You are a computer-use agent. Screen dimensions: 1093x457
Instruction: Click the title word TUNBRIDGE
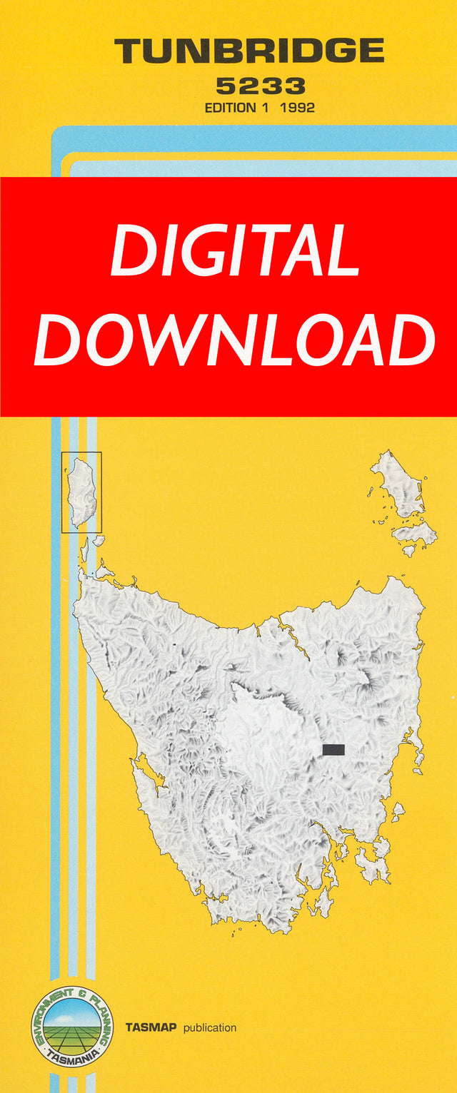pos(249,51)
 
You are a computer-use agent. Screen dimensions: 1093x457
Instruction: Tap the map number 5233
pos(261,87)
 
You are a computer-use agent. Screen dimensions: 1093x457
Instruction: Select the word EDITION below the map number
pos(230,108)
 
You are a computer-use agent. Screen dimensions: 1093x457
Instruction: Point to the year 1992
pos(298,108)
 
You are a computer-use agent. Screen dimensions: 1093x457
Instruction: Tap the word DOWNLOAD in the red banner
pos(235,340)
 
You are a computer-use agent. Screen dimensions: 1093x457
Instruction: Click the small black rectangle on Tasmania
pos(333,749)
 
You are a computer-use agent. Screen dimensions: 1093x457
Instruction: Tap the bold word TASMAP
pos(151,1028)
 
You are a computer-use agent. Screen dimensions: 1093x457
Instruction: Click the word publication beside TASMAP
pos(209,1028)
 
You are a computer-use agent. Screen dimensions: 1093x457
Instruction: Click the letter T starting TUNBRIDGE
pos(129,51)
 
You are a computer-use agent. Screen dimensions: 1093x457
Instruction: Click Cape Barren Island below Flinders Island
pos(415,532)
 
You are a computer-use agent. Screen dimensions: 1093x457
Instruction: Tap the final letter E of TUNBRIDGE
pos(371,51)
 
